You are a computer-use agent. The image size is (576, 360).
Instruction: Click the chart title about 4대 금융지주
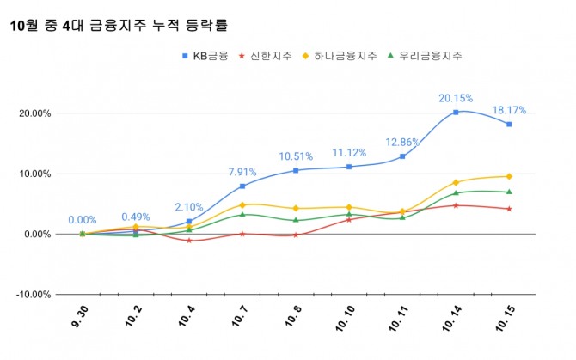(x=125, y=27)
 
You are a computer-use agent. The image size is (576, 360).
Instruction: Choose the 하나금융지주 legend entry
(x=340, y=56)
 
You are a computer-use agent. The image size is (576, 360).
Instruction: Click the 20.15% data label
(x=456, y=97)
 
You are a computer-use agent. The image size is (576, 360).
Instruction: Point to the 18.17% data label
(x=508, y=110)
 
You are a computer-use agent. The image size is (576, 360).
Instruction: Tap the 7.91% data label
(x=242, y=171)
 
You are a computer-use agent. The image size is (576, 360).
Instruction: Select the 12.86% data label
(x=402, y=142)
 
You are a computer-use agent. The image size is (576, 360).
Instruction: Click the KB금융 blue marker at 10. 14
(x=456, y=113)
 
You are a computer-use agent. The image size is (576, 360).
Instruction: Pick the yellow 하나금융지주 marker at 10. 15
(x=509, y=176)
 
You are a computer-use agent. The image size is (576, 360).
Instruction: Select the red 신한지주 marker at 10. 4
(x=189, y=241)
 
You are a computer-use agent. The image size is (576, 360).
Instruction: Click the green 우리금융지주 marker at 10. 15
(x=509, y=192)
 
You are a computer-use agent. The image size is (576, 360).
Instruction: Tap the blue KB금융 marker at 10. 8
(x=296, y=170)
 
